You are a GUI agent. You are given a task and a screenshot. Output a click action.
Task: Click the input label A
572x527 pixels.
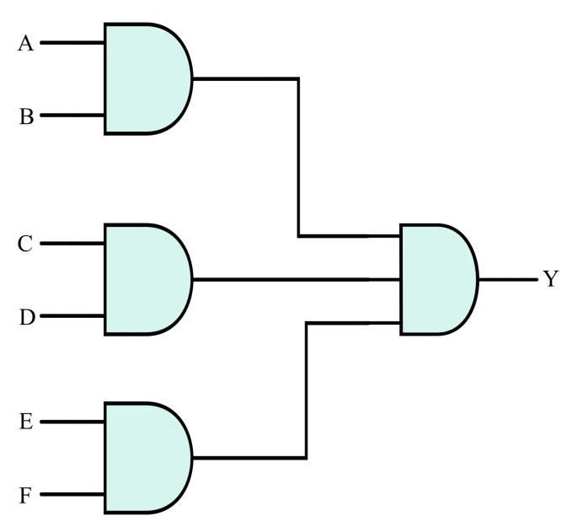click(26, 44)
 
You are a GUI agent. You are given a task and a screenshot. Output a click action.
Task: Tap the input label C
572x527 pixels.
click(25, 245)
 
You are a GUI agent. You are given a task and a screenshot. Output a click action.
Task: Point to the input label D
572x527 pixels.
click(25, 318)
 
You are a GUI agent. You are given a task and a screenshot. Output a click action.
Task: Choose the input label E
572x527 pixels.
click(25, 422)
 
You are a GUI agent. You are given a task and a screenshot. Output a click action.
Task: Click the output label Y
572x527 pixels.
click(550, 279)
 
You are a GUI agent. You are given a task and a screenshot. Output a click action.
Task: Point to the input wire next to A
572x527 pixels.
click(72, 43)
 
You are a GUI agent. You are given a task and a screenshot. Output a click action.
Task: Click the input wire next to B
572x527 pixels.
click(72, 116)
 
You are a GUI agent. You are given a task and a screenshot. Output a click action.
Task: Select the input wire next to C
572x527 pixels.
click(72, 244)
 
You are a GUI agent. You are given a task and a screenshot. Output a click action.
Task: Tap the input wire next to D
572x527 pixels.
click(72, 316)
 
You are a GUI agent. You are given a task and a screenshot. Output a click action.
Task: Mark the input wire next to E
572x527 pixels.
click(72, 422)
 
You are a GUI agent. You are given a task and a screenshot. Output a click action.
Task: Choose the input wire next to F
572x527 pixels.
click(72, 494)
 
